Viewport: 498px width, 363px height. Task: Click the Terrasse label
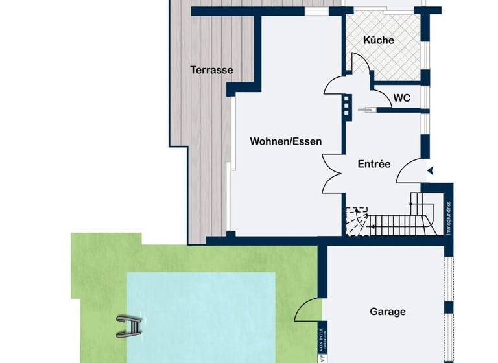coord(211,70)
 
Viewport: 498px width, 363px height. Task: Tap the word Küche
coord(378,40)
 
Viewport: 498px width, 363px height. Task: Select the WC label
coord(402,99)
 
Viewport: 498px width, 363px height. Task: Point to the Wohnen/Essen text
coord(286,141)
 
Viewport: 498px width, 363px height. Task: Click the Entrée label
coord(374,164)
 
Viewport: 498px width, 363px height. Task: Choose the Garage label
coord(388,312)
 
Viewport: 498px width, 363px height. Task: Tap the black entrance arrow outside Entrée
coord(430,170)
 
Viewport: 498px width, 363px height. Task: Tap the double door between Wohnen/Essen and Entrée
coord(333,175)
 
